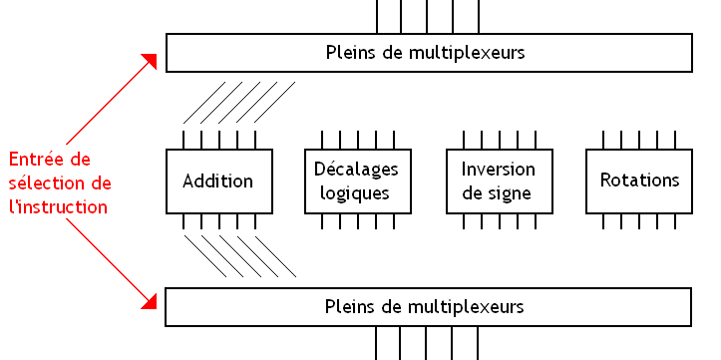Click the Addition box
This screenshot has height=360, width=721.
point(217,180)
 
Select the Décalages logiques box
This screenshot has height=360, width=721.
point(359,180)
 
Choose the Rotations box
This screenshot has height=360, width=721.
point(639,180)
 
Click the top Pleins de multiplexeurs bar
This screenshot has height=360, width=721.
point(429,53)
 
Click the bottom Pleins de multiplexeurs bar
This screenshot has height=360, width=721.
point(429,306)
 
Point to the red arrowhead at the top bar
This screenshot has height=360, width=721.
point(153,61)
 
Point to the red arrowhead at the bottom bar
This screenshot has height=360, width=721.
point(153,298)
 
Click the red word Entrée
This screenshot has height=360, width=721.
point(35,160)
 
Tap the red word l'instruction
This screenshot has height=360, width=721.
point(59,207)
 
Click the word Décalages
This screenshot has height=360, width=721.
point(355,169)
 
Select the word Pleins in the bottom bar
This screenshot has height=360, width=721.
point(350,306)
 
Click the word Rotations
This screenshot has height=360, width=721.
point(639,180)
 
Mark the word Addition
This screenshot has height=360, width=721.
point(217,180)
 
